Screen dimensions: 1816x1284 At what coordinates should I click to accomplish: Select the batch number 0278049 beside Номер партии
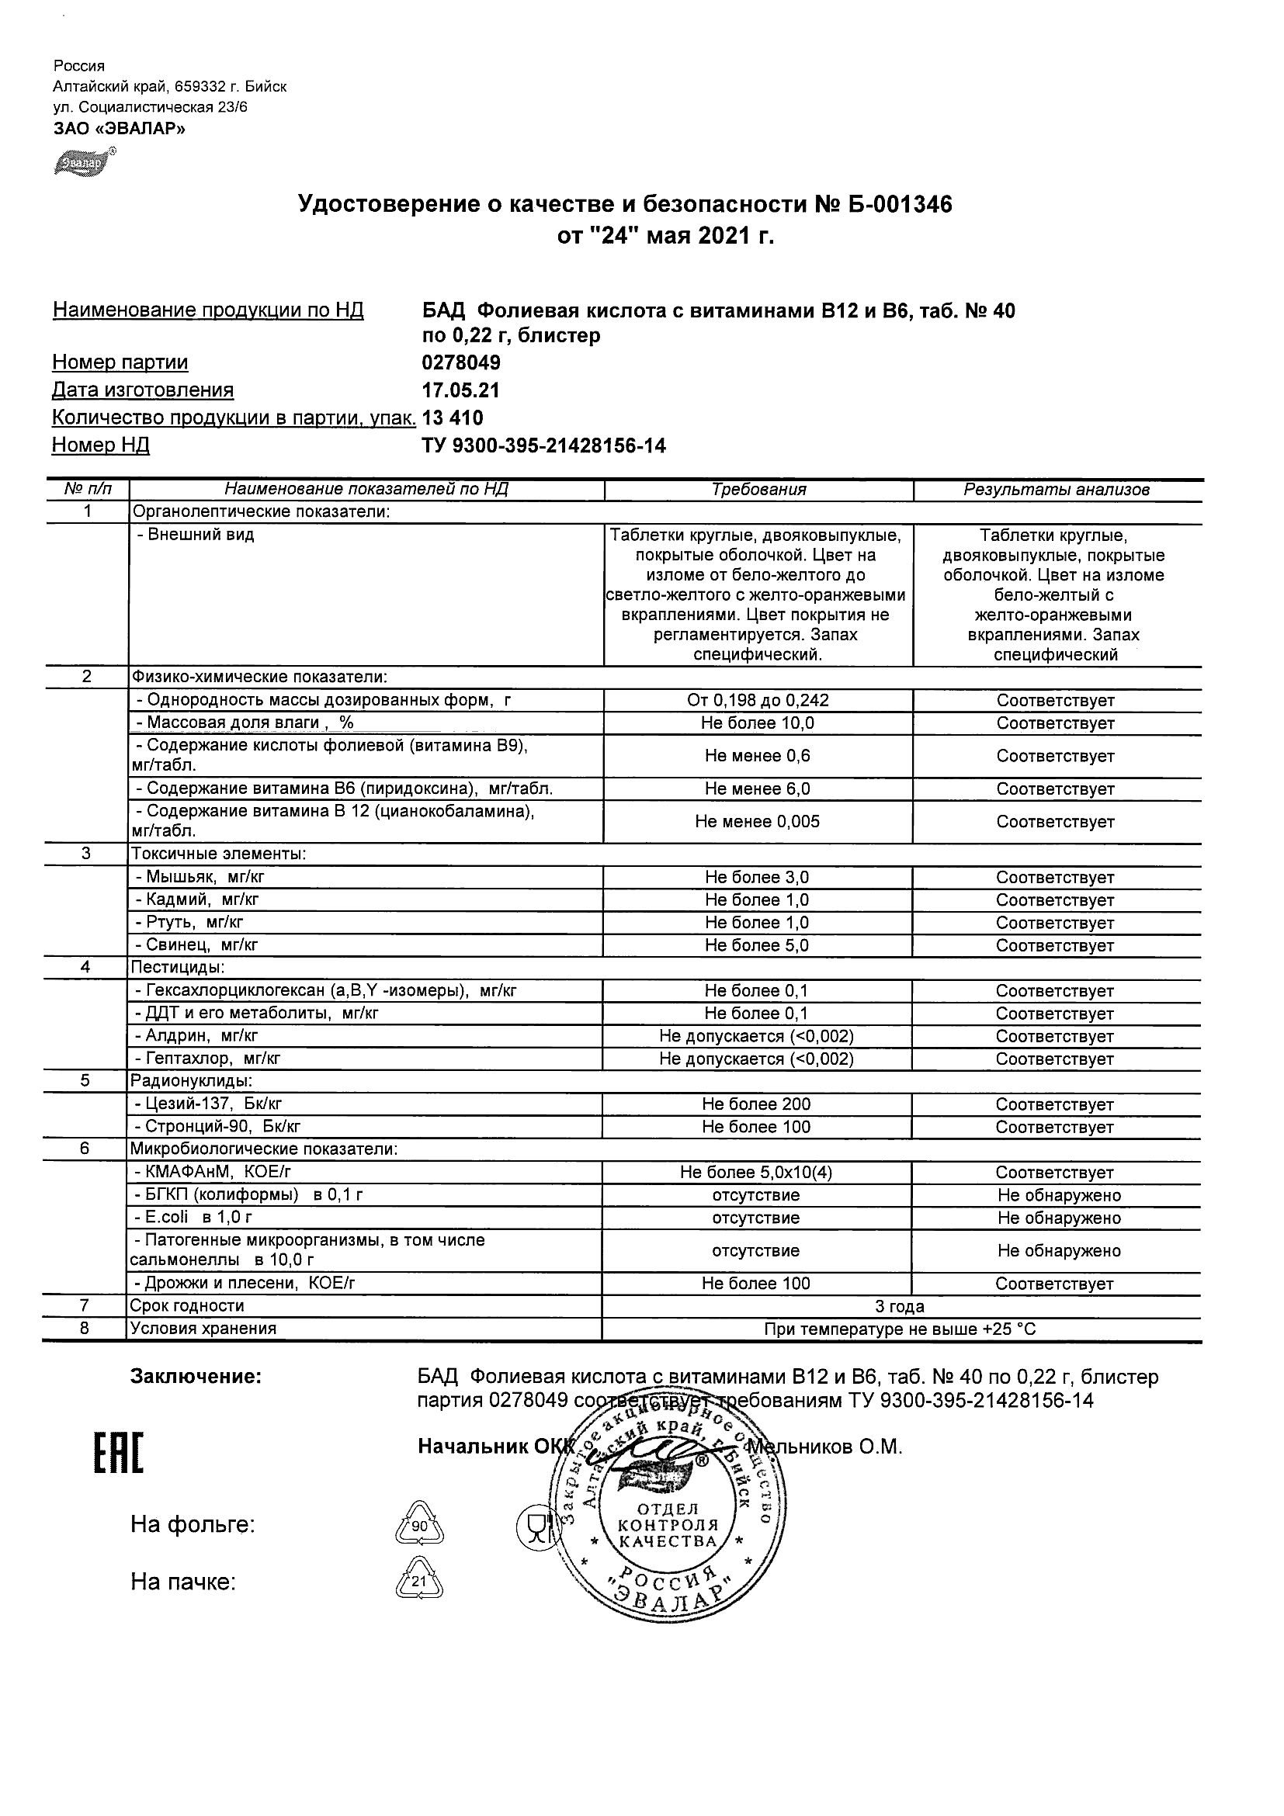click(x=462, y=363)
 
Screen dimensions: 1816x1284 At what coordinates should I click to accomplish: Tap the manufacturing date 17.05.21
click(x=461, y=390)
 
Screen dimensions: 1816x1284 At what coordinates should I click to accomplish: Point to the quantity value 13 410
click(x=453, y=418)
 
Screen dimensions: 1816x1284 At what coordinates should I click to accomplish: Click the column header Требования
click(x=758, y=490)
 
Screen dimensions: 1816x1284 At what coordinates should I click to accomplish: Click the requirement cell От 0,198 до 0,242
click(x=758, y=701)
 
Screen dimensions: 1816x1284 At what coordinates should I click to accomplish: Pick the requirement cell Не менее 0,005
click(x=758, y=822)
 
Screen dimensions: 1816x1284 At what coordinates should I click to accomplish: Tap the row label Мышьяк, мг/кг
click(x=205, y=877)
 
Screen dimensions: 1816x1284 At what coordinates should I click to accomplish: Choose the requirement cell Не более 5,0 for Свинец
click(x=758, y=946)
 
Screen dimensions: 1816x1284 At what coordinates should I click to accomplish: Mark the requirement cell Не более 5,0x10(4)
click(x=758, y=1173)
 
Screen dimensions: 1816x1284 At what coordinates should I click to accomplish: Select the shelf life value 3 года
click(x=901, y=1307)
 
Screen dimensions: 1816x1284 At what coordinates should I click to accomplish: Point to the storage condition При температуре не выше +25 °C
click(x=901, y=1329)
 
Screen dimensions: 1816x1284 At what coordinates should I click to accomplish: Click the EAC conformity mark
click(x=120, y=1454)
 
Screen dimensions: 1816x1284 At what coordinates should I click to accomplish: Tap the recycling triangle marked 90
click(x=418, y=1525)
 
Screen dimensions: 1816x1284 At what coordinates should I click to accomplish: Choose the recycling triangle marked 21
click(x=418, y=1581)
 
